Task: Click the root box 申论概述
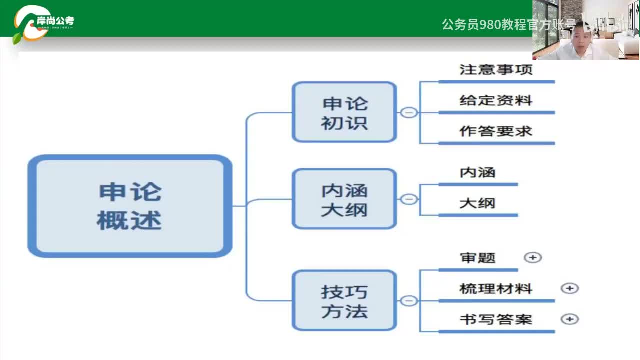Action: pyautogui.click(x=130, y=206)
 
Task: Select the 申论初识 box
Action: pyautogui.click(x=344, y=112)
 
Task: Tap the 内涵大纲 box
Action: pyautogui.click(x=344, y=199)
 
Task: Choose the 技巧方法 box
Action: pyautogui.click(x=344, y=300)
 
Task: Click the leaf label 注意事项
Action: pyautogui.click(x=496, y=69)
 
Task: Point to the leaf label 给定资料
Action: pyautogui.click(x=496, y=100)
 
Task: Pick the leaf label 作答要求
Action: pyautogui.click(x=496, y=131)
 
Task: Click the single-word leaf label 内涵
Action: pyautogui.click(x=477, y=172)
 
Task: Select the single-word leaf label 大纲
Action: pyautogui.click(x=477, y=203)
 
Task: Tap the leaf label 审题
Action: pyautogui.click(x=477, y=258)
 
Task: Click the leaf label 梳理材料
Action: pyautogui.click(x=496, y=289)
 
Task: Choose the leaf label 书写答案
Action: pyautogui.click(x=496, y=319)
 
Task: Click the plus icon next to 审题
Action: pyautogui.click(x=533, y=257)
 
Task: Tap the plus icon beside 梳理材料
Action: pyautogui.click(x=570, y=288)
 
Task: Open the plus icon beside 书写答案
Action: pyautogui.click(x=570, y=319)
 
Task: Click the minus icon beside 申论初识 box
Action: pyautogui.click(x=409, y=112)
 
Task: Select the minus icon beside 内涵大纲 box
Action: pyautogui.click(x=409, y=199)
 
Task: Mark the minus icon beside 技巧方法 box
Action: pyautogui.click(x=409, y=300)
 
